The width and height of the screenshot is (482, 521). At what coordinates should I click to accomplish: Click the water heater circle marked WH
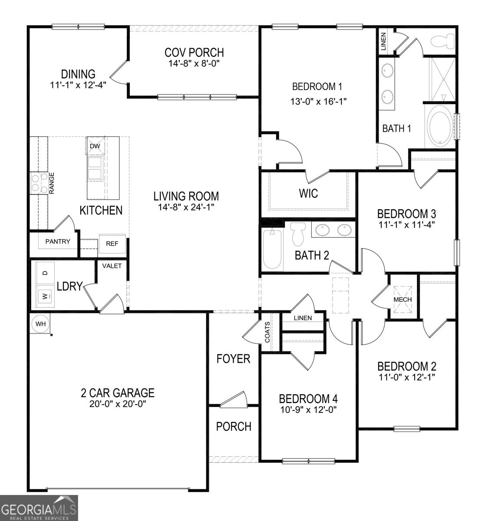[40, 323]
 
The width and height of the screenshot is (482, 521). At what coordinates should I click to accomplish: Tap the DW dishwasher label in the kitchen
[95, 146]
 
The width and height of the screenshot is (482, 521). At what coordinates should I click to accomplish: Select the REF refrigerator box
[112, 244]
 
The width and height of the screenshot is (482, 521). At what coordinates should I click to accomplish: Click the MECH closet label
[403, 300]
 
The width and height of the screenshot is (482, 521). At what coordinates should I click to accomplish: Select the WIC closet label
[308, 193]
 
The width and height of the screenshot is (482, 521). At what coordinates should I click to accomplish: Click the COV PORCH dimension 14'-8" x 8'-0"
[194, 63]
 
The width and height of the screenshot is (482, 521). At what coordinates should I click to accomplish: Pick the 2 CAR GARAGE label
[118, 393]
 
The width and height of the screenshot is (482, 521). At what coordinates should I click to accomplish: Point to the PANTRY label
[58, 241]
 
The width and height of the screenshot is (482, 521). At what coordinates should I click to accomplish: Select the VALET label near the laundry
[112, 266]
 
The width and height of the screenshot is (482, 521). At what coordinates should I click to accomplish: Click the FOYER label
[234, 359]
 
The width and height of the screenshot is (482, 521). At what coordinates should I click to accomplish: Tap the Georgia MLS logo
[39, 508]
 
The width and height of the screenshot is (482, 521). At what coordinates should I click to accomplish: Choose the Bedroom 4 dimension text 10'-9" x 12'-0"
[308, 409]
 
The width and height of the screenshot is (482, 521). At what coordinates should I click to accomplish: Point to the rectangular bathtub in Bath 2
[272, 250]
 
